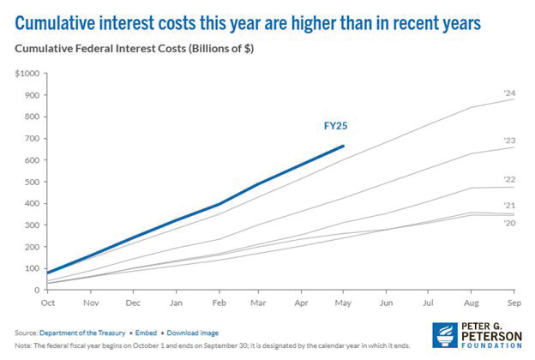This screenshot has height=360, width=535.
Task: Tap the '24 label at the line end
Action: [508, 93]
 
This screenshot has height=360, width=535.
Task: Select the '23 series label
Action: [508, 140]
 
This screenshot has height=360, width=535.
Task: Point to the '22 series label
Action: [508, 180]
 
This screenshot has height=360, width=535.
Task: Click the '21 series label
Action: [508, 206]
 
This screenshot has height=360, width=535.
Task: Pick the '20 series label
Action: [508, 222]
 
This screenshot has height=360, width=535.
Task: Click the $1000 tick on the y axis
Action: [27, 74]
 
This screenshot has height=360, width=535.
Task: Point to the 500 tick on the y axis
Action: [30, 182]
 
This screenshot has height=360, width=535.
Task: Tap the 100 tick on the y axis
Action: [30, 268]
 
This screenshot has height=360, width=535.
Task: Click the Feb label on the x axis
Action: [219, 302]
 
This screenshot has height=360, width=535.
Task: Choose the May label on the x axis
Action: [344, 302]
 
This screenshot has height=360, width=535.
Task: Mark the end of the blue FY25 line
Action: [344, 146]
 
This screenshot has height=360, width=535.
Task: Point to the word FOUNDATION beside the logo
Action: [493, 346]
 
